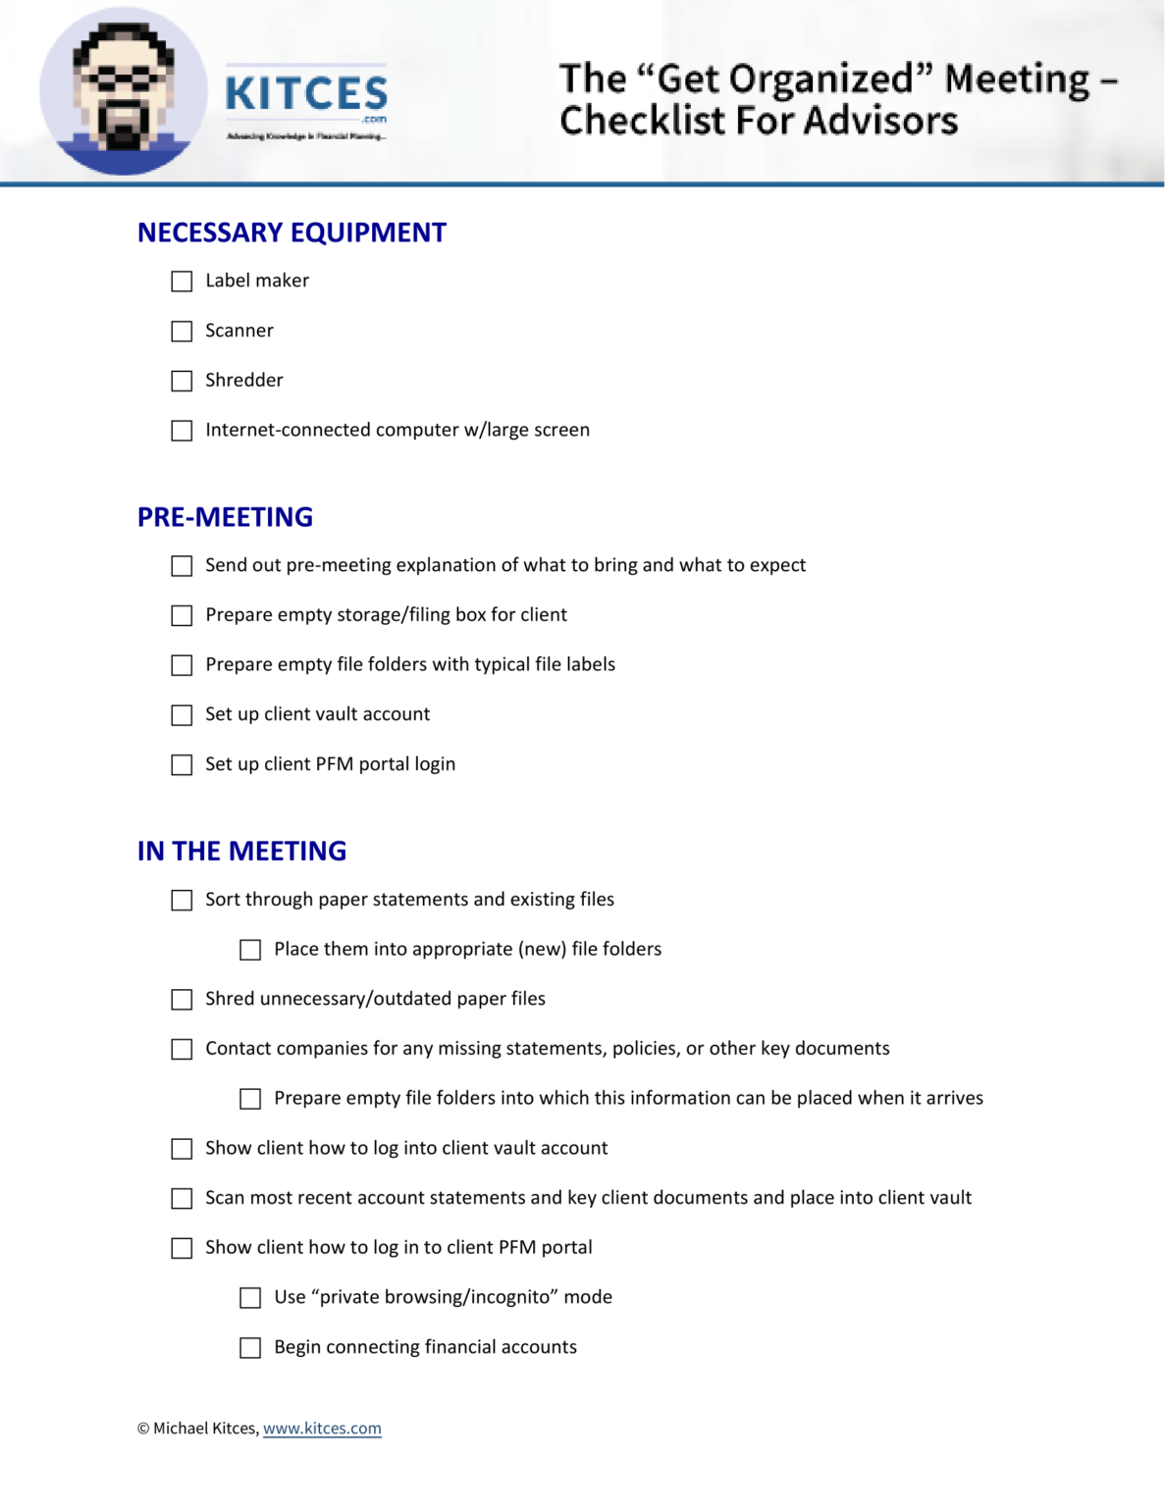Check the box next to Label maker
[x=182, y=282]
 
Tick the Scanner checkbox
[x=182, y=332]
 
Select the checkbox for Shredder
[x=182, y=381]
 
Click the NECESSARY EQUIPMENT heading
[x=291, y=233]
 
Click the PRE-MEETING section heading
[x=225, y=517]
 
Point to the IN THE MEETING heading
[x=241, y=851]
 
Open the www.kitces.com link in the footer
[x=322, y=1429]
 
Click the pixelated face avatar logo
[x=123, y=91]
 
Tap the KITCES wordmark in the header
[x=306, y=94]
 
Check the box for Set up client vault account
[x=182, y=715]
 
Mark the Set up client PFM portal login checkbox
[x=182, y=765]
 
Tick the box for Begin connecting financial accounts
[x=250, y=1348]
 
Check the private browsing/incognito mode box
[x=250, y=1298]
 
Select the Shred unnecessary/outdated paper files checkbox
[x=182, y=1000]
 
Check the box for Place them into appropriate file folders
[x=250, y=950]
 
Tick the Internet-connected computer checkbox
[x=182, y=431]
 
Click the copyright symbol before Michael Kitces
[x=143, y=1429]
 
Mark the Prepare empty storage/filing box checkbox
[x=182, y=616]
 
